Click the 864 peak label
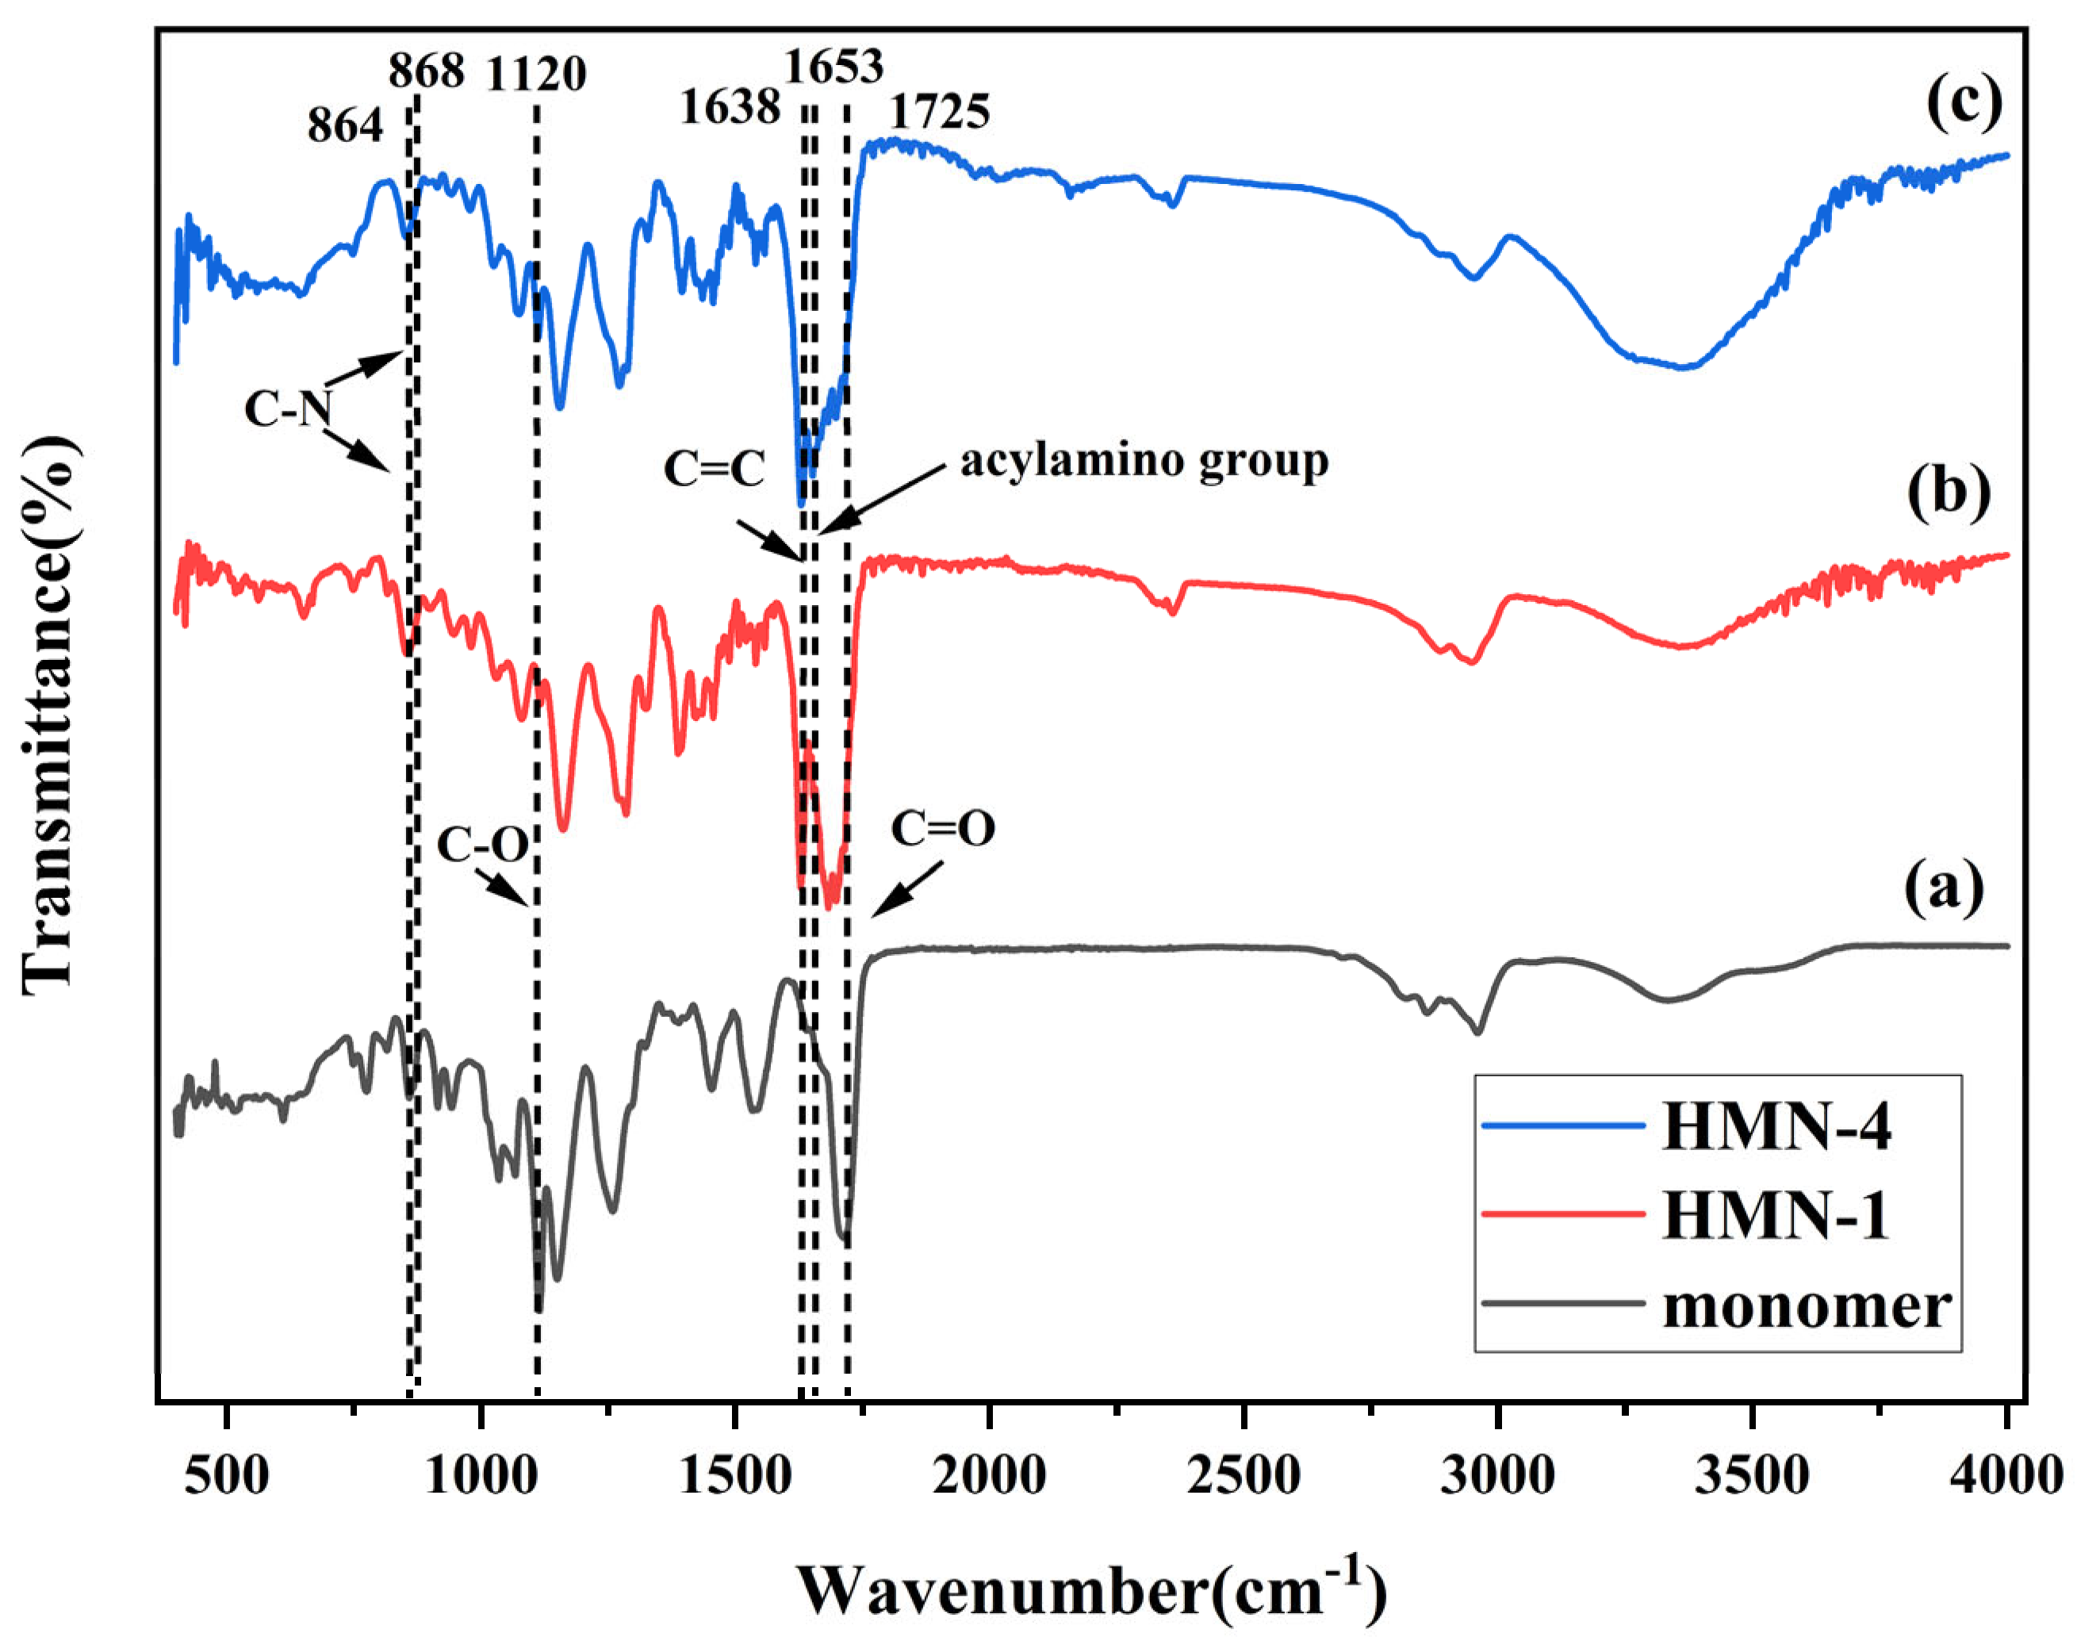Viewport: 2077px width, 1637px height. point(345,125)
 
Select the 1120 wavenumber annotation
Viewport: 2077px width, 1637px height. point(536,74)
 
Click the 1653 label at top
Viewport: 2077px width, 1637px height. point(833,66)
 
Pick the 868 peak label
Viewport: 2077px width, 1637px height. point(427,70)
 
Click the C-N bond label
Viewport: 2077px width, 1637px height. point(288,409)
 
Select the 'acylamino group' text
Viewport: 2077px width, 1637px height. point(1144,461)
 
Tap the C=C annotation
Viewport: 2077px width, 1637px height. point(714,470)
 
